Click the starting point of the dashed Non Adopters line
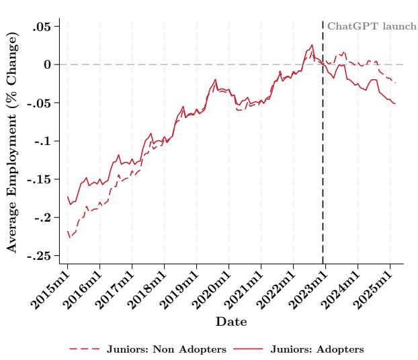[68, 231]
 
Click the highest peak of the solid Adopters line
[312, 45]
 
